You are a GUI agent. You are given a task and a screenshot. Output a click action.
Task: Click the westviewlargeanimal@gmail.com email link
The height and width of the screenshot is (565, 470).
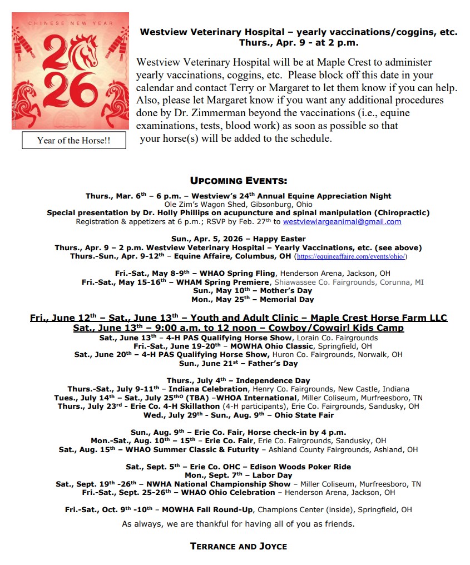342,221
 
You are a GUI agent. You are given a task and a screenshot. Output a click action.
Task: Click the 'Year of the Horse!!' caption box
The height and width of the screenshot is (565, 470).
73,140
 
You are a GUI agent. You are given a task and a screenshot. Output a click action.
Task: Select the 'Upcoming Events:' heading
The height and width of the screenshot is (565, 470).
239,181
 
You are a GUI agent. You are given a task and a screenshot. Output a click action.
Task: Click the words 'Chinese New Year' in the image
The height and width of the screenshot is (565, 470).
70,23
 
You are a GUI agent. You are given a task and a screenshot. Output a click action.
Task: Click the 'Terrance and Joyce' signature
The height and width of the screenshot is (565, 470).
239,546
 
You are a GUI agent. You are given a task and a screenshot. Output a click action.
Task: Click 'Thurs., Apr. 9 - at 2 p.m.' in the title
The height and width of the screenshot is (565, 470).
299,42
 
